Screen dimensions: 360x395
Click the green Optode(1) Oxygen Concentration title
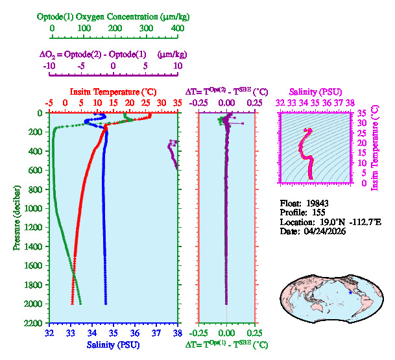coord(114,16)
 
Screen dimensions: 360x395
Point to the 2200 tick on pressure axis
coord(34,323)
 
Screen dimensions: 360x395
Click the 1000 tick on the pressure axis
coord(34,208)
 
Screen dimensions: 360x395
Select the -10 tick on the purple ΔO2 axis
coord(49,66)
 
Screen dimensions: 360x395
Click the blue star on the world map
coord(351,293)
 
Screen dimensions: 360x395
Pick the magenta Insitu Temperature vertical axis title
coord(374,148)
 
